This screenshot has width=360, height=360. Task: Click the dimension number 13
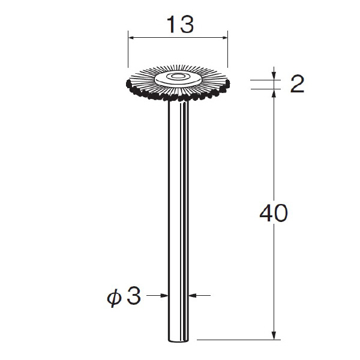[181, 25]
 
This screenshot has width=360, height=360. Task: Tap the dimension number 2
[298, 84]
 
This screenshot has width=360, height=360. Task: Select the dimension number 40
[274, 213]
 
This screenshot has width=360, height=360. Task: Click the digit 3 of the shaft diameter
[134, 296]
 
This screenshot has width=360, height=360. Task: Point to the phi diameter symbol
[113, 298]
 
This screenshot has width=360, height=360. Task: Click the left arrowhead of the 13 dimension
[132, 38]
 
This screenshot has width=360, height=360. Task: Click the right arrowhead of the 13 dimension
[224, 38]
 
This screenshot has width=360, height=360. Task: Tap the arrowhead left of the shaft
[164, 295]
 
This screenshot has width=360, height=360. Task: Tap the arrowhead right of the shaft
[193, 295]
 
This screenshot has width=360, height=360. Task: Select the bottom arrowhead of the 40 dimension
[274, 335]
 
